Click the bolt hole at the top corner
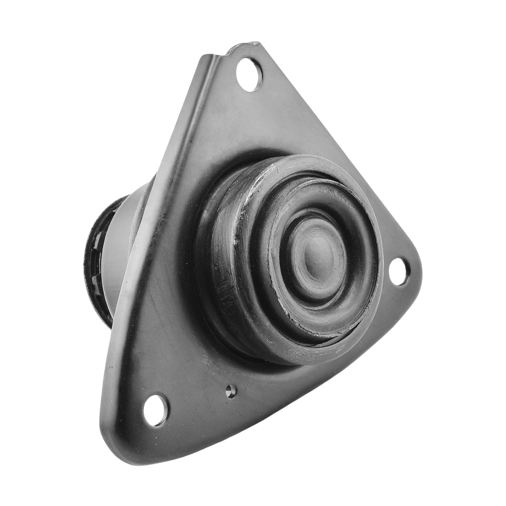(x=249, y=74)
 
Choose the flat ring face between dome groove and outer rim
(x=262, y=288)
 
